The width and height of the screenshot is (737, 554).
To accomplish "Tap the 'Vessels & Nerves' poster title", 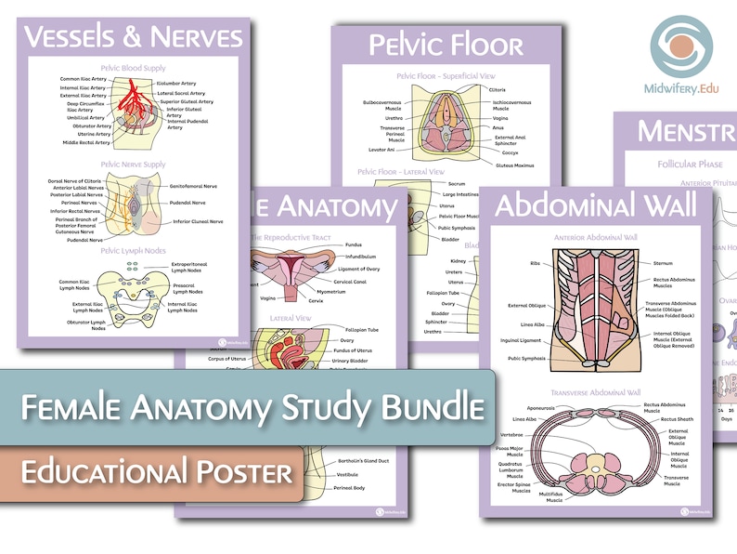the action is click(x=134, y=36).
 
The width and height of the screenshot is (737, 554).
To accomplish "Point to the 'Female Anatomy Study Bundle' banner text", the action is click(x=253, y=406).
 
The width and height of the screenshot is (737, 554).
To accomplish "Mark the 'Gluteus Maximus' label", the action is click(x=515, y=165).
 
